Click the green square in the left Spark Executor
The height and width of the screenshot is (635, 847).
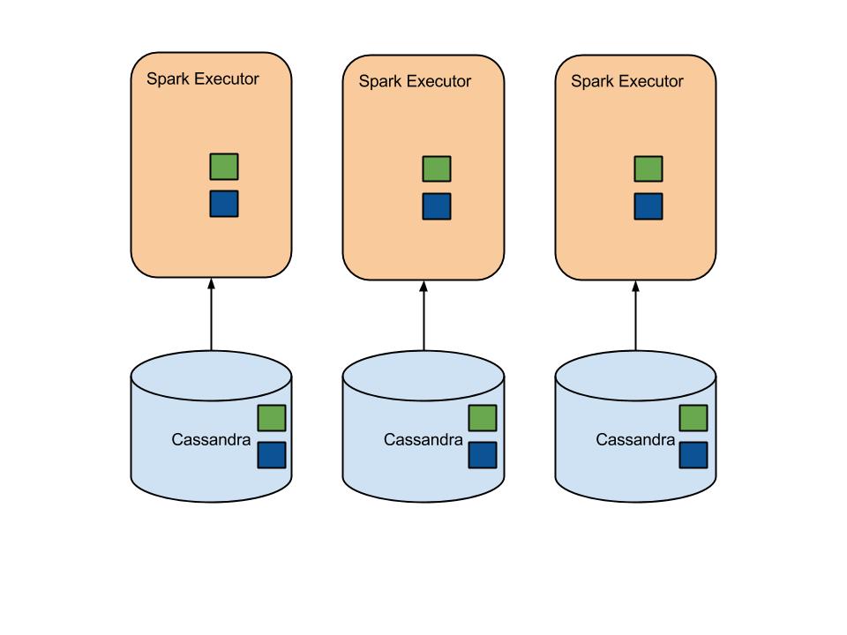pos(224,167)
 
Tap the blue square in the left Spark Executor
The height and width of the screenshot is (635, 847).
pos(224,204)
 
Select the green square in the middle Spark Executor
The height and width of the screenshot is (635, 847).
pos(437,169)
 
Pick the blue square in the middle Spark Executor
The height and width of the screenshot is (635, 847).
pos(437,206)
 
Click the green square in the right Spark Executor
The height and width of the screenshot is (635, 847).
pos(648,169)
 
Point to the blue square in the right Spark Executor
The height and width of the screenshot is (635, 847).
pos(648,206)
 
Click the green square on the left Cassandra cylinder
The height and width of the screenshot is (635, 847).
pos(272,418)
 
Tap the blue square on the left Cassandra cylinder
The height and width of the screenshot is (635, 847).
pos(272,455)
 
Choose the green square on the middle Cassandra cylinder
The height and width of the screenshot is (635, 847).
pos(483,418)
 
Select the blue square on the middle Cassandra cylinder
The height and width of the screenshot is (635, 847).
pos(483,455)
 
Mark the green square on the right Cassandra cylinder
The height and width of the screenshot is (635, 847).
pos(694,418)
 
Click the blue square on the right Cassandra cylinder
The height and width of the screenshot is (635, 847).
pos(694,455)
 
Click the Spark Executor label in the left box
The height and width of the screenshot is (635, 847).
pos(203,79)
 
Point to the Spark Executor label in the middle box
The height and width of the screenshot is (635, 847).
pos(415,82)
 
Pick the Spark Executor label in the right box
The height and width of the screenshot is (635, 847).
pos(627,82)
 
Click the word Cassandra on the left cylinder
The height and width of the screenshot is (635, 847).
pos(212,438)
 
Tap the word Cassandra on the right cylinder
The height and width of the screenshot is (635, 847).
pos(636,439)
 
